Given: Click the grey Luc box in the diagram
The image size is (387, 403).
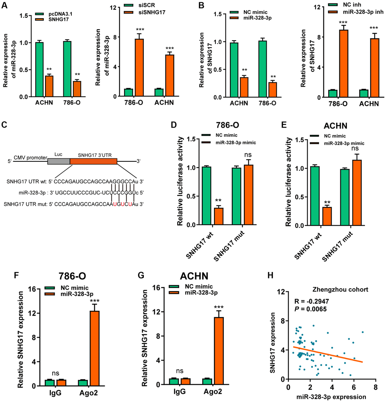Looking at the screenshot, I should (58, 161).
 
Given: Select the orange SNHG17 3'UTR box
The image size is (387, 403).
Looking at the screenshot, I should (93, 161).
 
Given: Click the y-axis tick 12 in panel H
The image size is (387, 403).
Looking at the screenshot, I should (280, 292).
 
